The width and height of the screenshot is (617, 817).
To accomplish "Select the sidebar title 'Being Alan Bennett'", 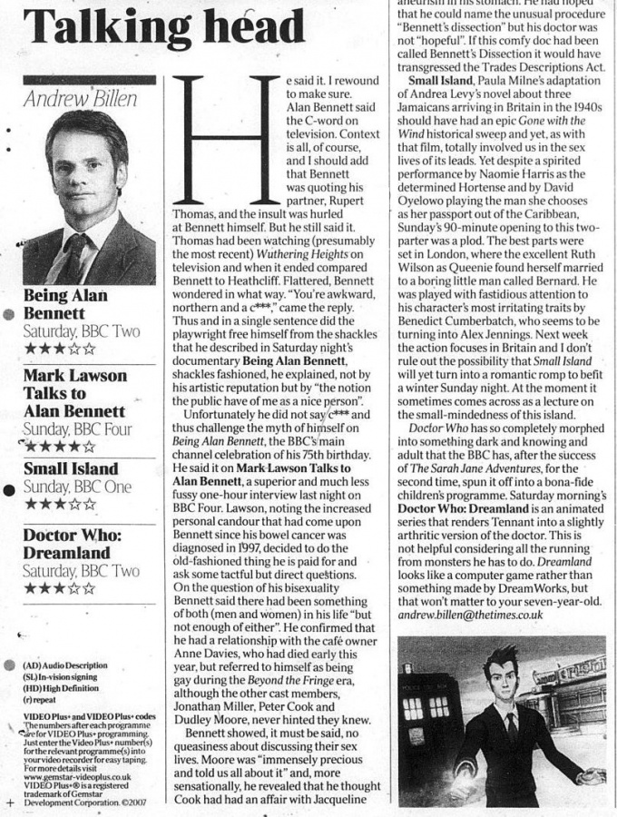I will point(65,304).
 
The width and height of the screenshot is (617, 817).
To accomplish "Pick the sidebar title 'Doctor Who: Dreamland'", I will point(67,544).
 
